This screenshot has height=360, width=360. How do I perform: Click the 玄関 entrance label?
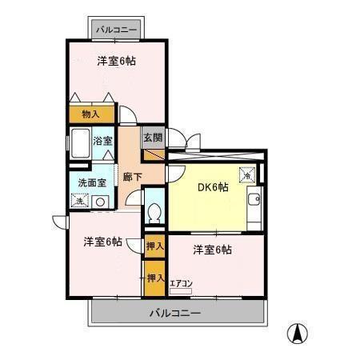(x=153, y=137)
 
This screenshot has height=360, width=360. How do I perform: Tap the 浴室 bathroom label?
(x=102, y=141)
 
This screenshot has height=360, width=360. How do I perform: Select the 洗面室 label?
(x=90, y=182)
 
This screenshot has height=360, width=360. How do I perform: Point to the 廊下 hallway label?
(x=131, y=177)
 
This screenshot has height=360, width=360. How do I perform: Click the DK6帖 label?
(x=213, y=187)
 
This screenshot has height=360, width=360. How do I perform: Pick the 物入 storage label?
(x=90, y=114)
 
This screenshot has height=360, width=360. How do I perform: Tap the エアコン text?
(x=180, y=282)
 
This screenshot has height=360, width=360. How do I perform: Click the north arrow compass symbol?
(x=298, y=333)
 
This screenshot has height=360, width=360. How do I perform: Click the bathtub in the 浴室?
(x=81, y=146)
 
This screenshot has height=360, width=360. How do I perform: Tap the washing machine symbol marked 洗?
(x=79, y=201)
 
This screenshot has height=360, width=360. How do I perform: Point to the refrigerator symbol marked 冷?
(x=247, y=174)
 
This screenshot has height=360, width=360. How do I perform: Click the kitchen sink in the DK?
(x=254, y=200)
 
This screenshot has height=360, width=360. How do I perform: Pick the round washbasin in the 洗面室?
(x=100, y=202)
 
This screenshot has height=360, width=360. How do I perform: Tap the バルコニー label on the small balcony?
(x=117, y=30)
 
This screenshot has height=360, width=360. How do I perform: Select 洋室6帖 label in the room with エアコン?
(x=212, y=250)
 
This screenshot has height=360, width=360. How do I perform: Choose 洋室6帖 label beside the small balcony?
(x=115, y=61)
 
